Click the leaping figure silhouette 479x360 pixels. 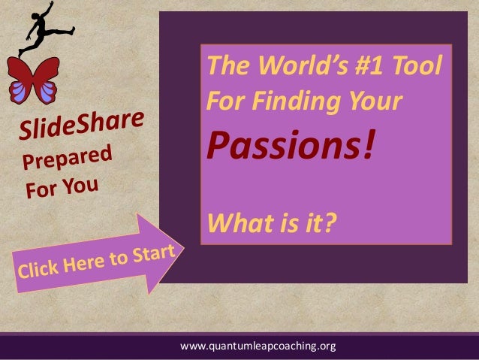37,27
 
